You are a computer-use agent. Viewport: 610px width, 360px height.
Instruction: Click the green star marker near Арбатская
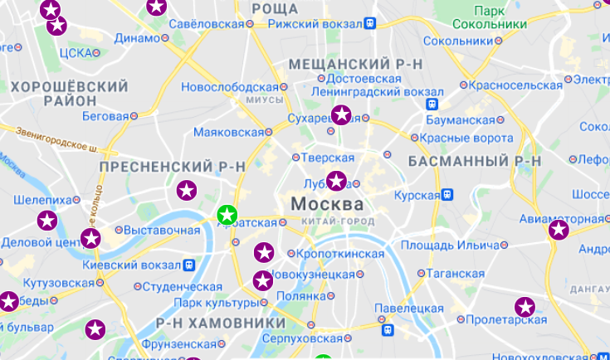point(227,215)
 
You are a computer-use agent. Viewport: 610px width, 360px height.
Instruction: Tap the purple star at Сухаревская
point(341,115)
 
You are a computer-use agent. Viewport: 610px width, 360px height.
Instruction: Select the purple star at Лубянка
point(336,180)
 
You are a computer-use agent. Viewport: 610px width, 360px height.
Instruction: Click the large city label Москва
point(326,203)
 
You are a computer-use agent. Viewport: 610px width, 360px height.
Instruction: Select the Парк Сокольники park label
point(500,17)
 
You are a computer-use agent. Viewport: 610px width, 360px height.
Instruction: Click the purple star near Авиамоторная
point(559,230)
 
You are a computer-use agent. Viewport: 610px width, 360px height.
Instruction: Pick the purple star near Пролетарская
point(524,306)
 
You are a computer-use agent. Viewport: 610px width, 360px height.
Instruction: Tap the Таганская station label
point(456,273)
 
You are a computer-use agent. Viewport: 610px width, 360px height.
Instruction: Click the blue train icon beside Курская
point(447,195)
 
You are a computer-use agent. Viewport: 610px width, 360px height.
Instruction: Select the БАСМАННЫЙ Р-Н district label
point(475,160)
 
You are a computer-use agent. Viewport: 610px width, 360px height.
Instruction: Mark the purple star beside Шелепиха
point(48,221)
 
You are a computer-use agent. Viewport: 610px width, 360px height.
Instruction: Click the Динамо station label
point(137,37)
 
